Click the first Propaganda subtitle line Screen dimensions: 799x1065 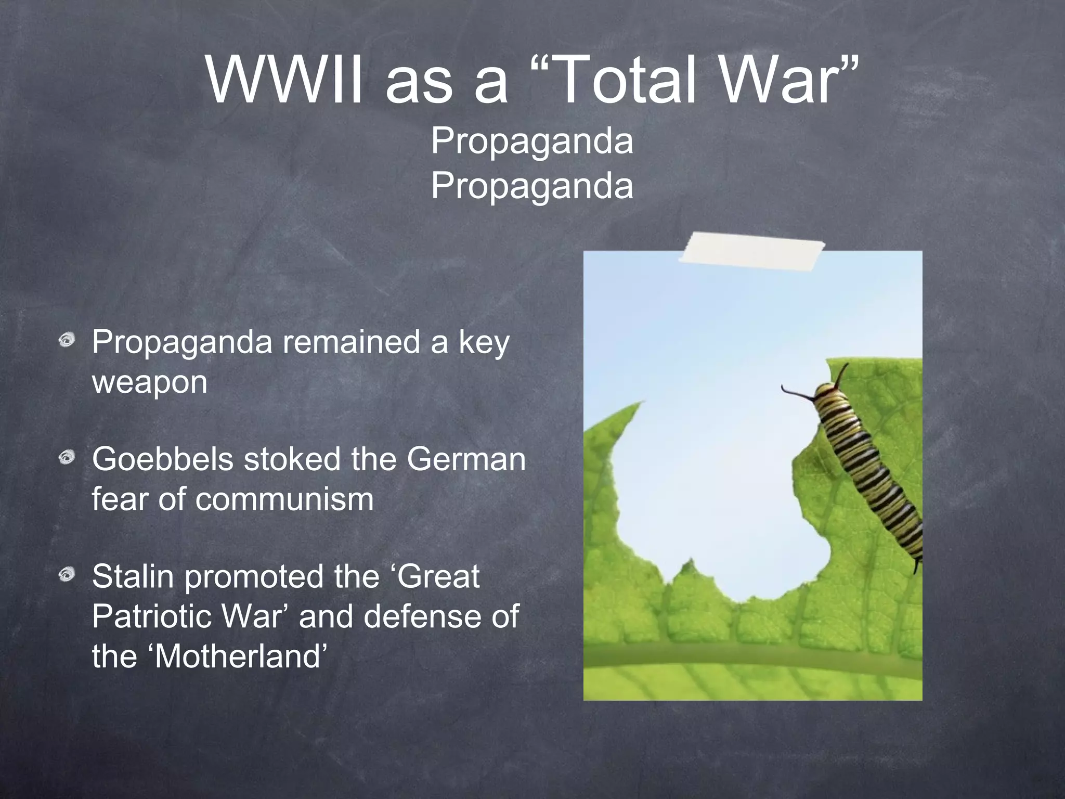coord(532,141)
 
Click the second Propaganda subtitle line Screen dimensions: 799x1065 coord(532,186)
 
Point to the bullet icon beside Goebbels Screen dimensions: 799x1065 coord(67,458)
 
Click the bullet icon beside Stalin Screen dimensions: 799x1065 coord(67,575)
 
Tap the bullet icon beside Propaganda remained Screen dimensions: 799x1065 coord(67,341)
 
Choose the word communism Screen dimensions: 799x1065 coord(284,499)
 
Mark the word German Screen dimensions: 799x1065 coord(466,459)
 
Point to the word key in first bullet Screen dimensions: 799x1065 coord(484,343)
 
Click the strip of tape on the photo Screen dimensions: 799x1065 coord(752,252)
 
